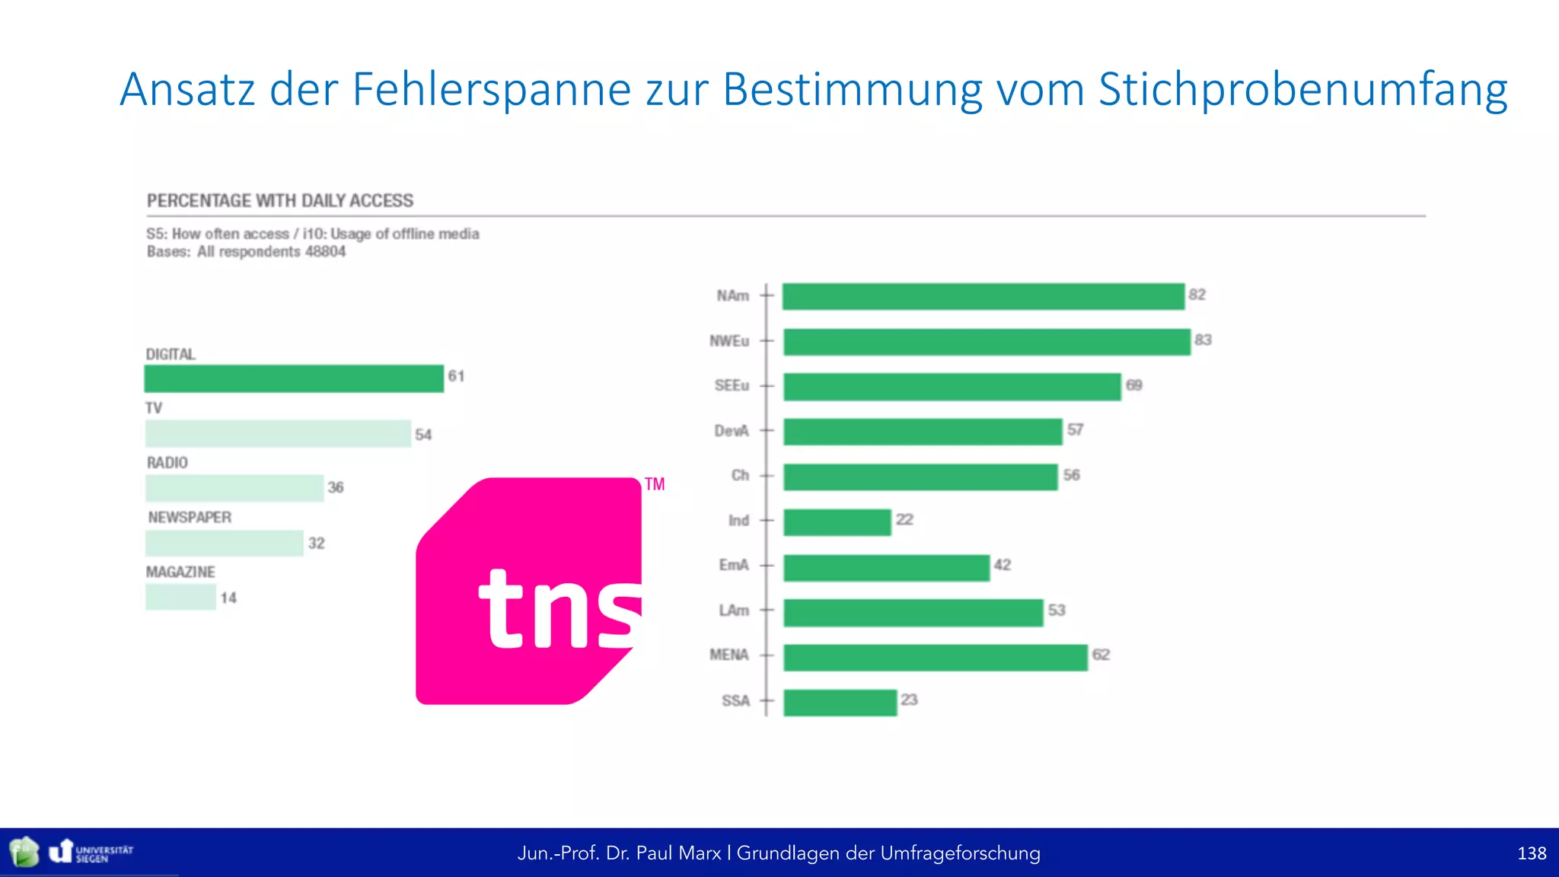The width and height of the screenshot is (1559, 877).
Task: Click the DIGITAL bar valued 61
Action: click(294, 379)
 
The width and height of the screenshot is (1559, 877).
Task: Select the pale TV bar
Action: click(278, 434)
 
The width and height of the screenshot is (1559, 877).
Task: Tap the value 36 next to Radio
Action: click(336, 487)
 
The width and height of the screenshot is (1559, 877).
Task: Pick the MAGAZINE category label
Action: click(180, 572)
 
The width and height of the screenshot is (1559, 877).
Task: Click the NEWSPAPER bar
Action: click(225, 544)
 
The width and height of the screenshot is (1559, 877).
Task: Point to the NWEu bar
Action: click(987, 342)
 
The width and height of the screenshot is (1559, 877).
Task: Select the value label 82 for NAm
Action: click(1197, 295)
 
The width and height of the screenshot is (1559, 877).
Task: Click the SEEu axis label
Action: click(732, 385)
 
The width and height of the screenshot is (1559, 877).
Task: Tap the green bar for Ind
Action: click(837, 522)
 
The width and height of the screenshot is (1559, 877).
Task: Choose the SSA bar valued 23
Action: click(840, 703)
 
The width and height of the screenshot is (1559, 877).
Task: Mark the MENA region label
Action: click(728, 655)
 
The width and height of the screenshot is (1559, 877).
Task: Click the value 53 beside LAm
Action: click(1056, 610)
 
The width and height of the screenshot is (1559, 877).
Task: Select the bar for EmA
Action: click(887, 568)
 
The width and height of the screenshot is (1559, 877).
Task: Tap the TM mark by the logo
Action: click(655, 484)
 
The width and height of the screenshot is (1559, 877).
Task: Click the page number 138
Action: click(1531, 853)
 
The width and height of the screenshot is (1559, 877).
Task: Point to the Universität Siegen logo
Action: click(91, 853)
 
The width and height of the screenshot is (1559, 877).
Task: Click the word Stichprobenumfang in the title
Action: click(1302, 90)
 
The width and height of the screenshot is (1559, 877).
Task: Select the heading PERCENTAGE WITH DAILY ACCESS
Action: click(280, 201)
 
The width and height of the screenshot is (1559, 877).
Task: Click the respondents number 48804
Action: click(325, 252)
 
